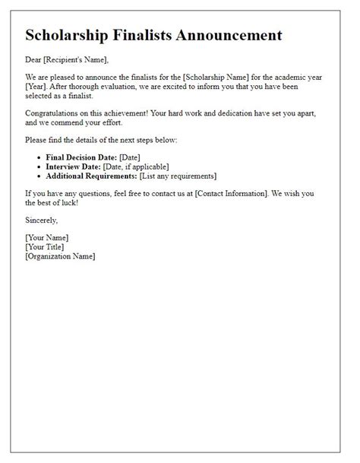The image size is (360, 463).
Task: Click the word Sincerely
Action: click(42, 220)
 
